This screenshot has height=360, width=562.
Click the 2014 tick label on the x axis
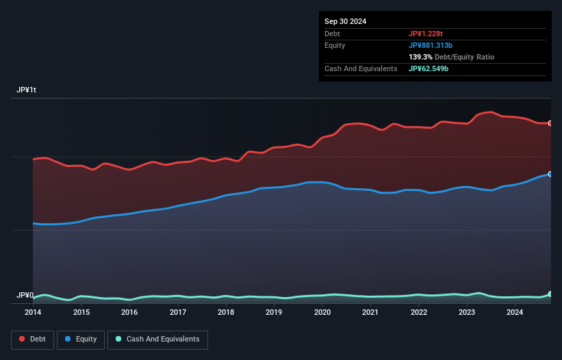(x=33, y=313)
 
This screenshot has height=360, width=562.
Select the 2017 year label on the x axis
(x=178, y=313)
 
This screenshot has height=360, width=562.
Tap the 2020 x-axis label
(x=322, y=313)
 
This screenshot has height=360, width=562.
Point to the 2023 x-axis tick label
(x=467, y=313)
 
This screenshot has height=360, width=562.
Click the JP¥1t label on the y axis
(x=27, y=90)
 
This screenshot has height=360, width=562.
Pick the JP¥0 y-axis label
(x=25, y=296)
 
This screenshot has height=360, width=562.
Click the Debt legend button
(x=31, y=339)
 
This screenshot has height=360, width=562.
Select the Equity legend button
(x=81, y=339)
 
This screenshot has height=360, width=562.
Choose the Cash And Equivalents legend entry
(x=157, y=339)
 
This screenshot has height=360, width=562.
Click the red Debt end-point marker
(x=550, y=123)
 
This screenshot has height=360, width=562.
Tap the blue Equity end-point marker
(x=550, y=174)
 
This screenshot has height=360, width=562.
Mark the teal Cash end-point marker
(x=550, y=294)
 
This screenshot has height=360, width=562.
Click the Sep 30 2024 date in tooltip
(x=345, y=21)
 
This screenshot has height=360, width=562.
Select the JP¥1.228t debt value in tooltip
(x=425, y=34)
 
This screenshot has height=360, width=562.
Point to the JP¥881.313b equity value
(x=433, y=45)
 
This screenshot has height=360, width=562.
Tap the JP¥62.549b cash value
(x=429, y=68)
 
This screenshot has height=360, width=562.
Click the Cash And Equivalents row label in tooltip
(x=361, y=68)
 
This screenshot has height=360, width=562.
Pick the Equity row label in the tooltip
(x=335, y=45)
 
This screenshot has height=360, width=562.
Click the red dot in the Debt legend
(x=23, y=339)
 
